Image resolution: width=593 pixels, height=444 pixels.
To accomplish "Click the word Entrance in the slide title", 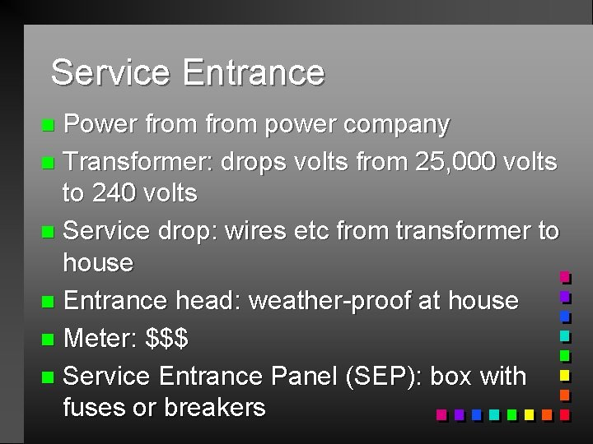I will point(254,72).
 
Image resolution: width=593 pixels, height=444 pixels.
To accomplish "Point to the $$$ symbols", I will point(166,338).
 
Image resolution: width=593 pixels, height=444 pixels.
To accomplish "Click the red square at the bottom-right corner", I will point(565,415).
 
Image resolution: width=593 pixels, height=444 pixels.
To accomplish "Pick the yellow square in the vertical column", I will point(565,376).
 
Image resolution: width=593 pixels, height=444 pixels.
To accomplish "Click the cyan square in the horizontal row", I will point(493,415).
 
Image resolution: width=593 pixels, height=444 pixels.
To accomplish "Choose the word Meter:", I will point(100,338).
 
